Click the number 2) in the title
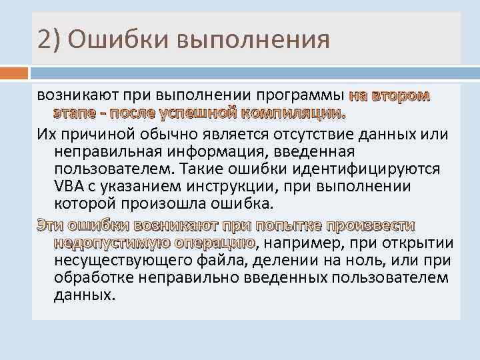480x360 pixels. point(49,38)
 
